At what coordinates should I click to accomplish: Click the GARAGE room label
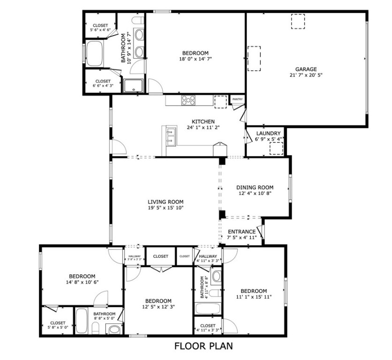pyautogui.click(x=305, y=69)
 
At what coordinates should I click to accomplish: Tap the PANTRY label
pyautogui.click(x=237, y=99)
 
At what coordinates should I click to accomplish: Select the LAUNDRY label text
pyautogui.click(x=268, y=133)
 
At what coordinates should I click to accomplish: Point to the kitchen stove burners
pyautogui.click(x=189, y=99)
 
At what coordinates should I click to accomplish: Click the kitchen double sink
pyautogui.click(x=170, y=135)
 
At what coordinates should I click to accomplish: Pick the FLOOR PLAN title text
pyautogui.click(x=203, y=346)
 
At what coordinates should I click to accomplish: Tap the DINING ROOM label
pyautogui.click(x=254, y=187)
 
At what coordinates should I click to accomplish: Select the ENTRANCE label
pyautogui.click(x=241, y=232)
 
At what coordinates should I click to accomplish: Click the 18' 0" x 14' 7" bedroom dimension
pyautogui.click(x=195, y=59)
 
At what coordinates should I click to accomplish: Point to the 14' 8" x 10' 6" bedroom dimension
pyautogui.click(x=82, y=282)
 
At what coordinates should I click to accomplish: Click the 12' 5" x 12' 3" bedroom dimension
pyautogui.click(x=158, y=307)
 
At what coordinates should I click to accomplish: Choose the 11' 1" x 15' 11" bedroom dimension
pyautogui.click(x=254, y=297)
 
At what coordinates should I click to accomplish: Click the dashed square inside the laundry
pyautogui.click(x=276, y=148)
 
